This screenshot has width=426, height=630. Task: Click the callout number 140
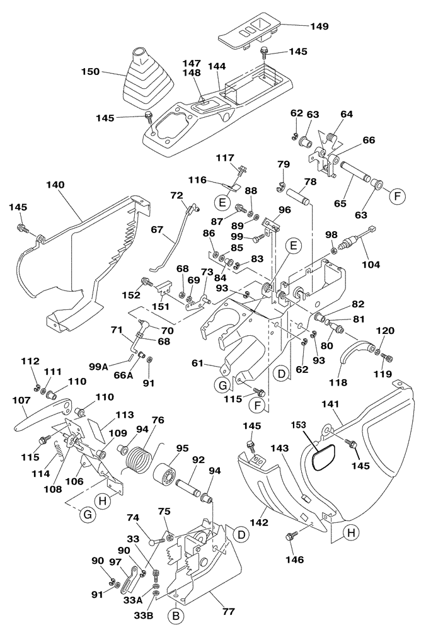pos(55,186)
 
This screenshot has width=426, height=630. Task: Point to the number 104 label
pos(371,265)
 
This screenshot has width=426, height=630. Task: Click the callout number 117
pos(225,157)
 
